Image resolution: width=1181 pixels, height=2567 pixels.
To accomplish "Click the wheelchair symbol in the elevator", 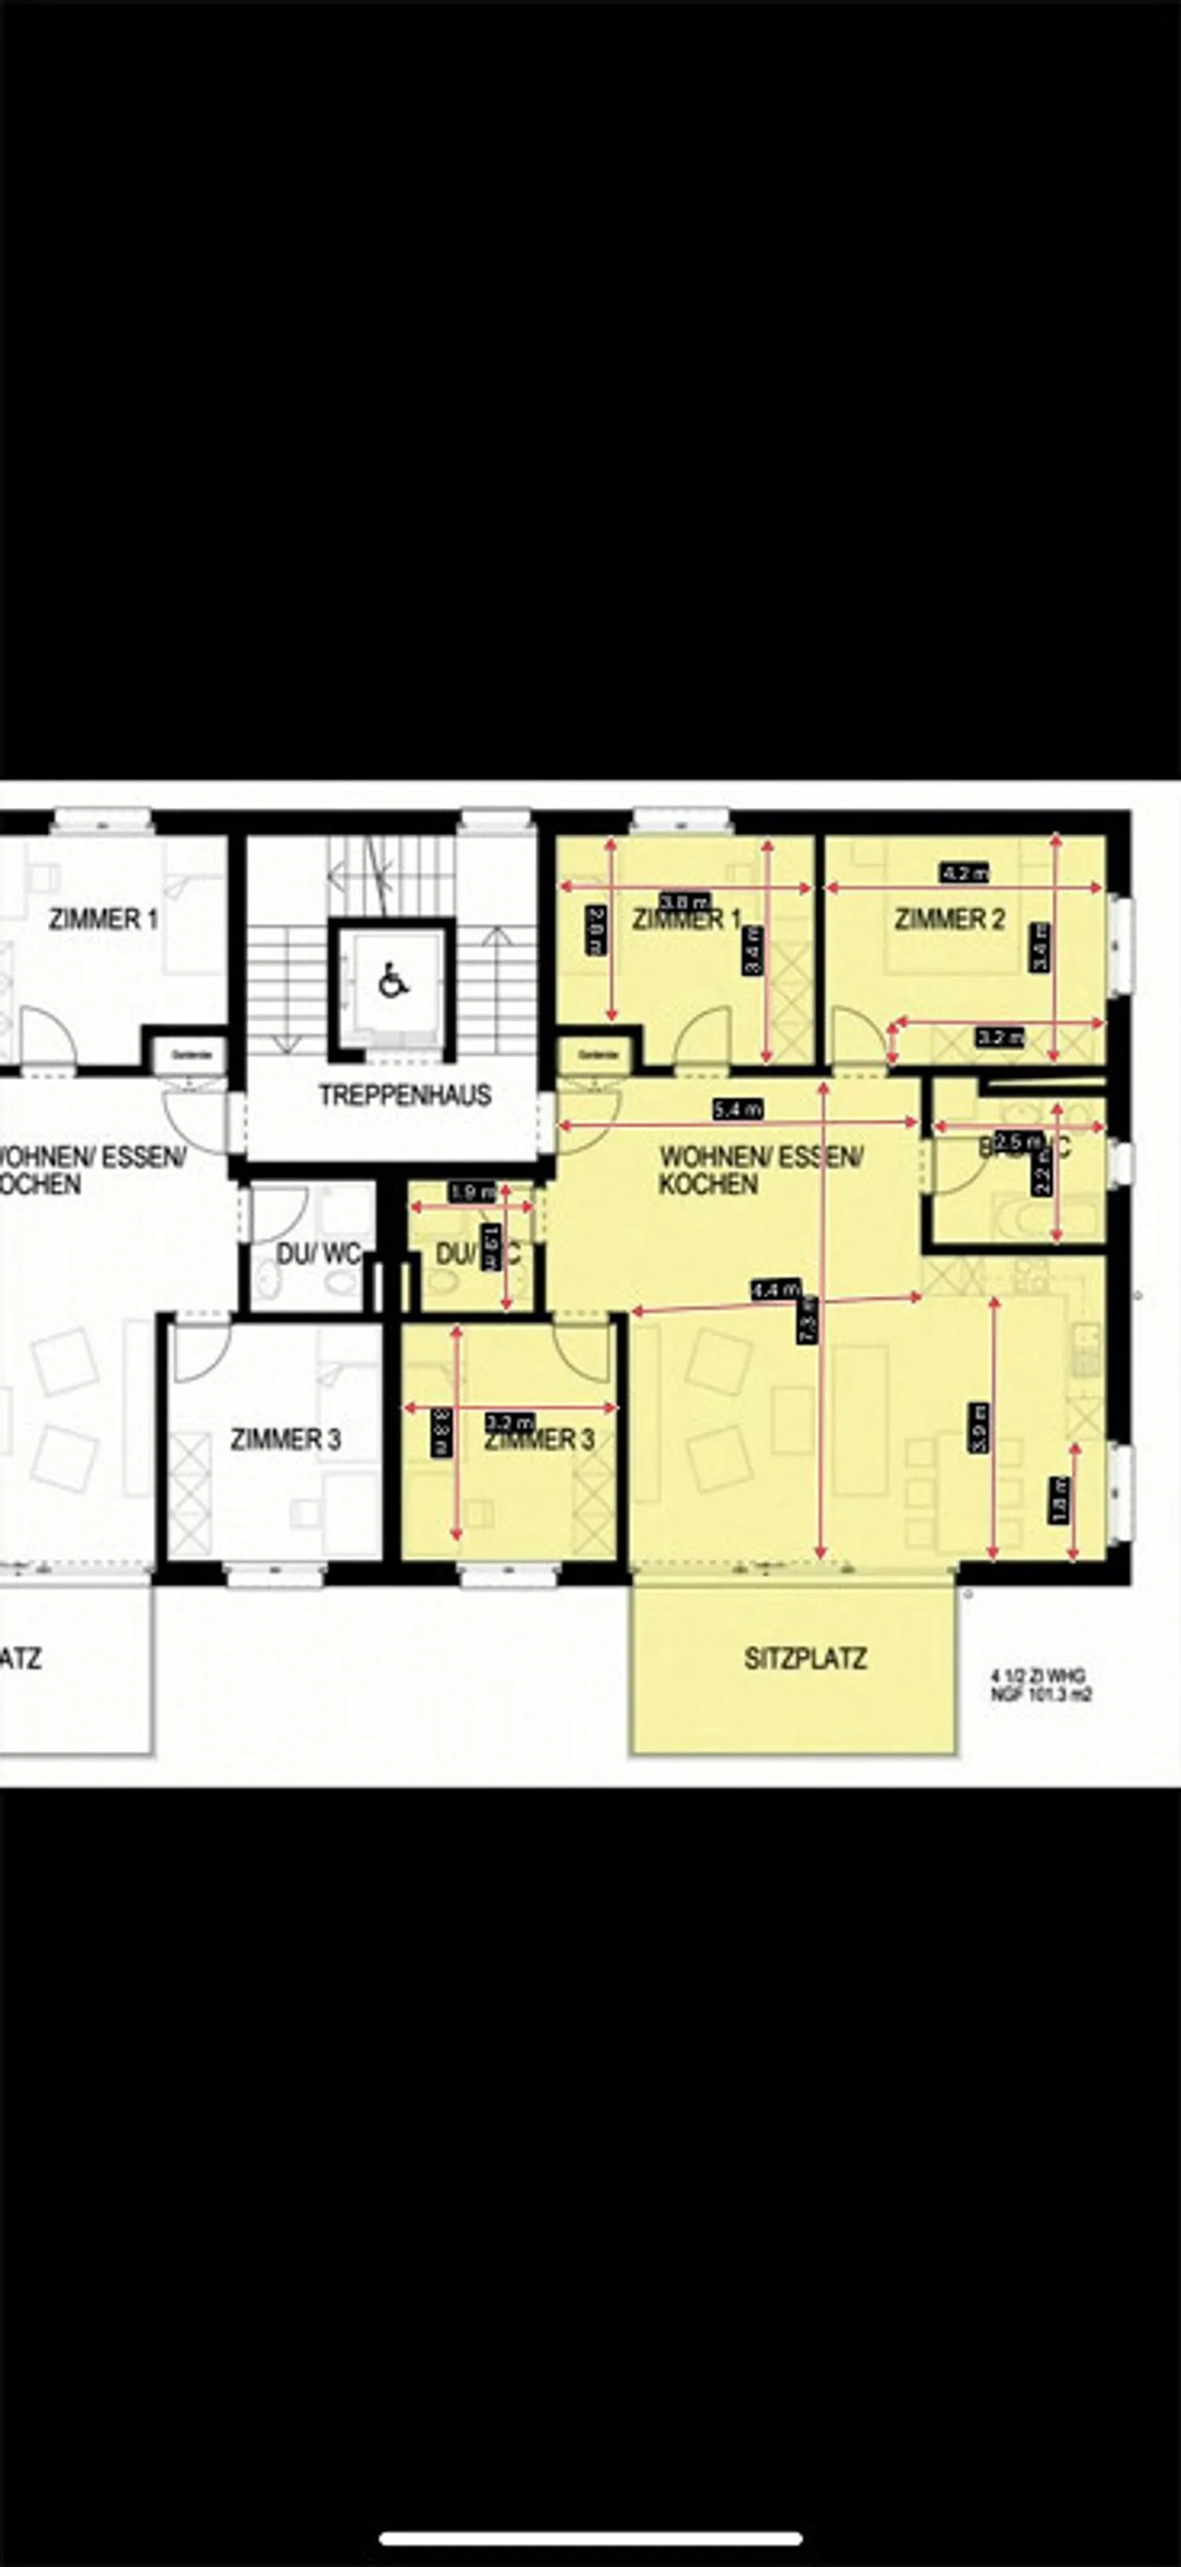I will [x=394, y=981].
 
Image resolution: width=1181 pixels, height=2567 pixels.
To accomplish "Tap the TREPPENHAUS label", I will [x=404, y=1095].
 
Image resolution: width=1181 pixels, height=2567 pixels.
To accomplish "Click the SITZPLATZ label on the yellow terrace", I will [x=805, y=1659].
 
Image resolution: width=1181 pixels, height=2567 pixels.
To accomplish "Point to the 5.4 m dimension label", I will [x=737, y=1108].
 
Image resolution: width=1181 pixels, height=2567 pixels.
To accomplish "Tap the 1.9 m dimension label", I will [x=472, y=1192].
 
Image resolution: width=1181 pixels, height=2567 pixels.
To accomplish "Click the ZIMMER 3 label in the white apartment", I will [x=285, y=1439].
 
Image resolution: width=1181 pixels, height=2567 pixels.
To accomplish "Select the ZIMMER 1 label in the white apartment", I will [x=103, y=919].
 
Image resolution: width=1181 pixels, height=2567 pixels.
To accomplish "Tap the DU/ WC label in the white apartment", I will [x=317, y=1254].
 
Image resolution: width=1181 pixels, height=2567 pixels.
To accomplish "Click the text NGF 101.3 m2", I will [x=1041, y=1693].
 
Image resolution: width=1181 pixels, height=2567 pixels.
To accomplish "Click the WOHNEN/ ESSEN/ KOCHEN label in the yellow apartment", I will [x=759, y=1170].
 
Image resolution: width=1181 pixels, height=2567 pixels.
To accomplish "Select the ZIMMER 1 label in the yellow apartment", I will [x=686, y=919].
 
